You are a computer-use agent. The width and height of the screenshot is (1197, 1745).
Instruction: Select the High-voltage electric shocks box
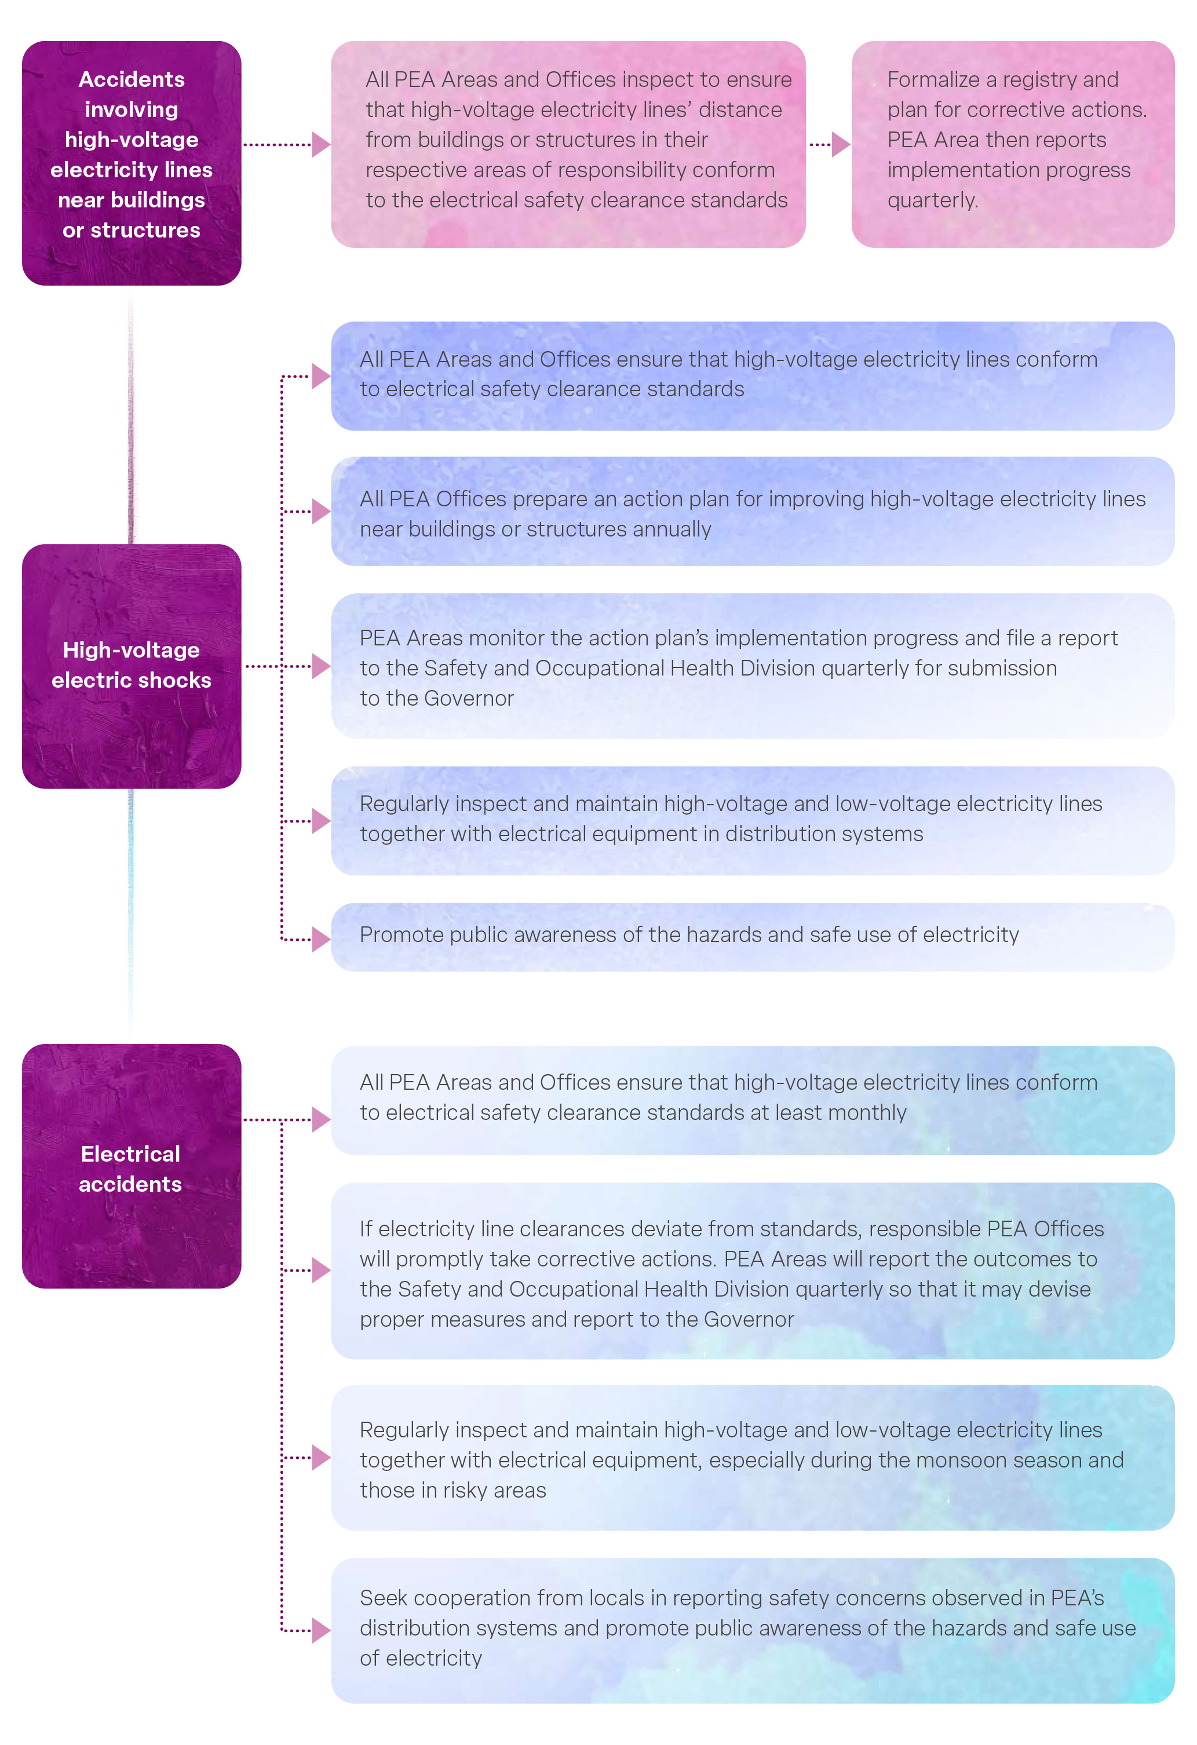pos(132,666)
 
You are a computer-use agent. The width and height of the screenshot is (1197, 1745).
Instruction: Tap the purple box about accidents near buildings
pos(132,163)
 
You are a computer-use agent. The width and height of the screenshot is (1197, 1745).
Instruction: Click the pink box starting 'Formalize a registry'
pos(1012,144)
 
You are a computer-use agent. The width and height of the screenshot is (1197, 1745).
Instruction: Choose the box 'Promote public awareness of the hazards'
pos(753,936)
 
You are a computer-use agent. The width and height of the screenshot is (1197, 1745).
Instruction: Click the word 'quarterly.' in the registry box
pos(933,200)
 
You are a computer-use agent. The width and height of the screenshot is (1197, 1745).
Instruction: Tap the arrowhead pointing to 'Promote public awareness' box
pos(320,939)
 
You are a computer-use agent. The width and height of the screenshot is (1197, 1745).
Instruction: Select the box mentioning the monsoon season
pos(753,1458)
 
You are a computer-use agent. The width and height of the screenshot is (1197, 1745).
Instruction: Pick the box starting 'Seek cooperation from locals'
pos(753,1630)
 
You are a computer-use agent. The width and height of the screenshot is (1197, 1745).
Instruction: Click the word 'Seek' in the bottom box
pos(383,1598)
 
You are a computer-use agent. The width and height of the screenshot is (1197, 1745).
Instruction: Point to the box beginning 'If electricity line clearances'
pos(753,1271)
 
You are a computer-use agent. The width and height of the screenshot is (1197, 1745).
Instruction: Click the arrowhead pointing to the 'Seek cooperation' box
pos(320,1630)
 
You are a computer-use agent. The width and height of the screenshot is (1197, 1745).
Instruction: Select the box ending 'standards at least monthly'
pos(753,1100)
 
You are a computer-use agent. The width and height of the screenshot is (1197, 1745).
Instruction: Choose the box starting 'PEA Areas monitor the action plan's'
pos(753,666)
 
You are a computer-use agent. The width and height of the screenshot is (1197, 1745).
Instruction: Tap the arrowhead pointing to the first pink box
pos(320,144)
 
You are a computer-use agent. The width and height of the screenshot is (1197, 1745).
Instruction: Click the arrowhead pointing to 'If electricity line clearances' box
pos(320,1271)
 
